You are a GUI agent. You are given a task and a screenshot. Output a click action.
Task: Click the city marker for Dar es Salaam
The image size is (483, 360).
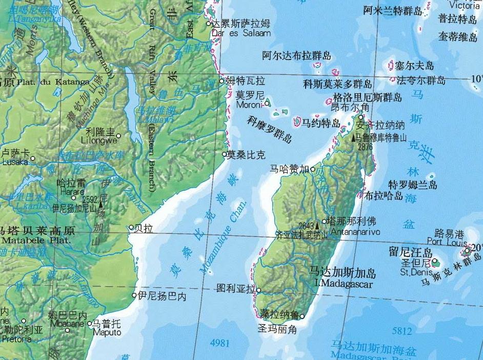[209, 24]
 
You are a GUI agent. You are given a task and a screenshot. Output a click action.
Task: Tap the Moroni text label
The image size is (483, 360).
[250, 105]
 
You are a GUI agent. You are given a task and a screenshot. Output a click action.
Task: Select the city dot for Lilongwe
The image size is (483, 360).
[118, 136]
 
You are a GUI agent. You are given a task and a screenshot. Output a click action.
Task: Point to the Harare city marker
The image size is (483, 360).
[74, 197]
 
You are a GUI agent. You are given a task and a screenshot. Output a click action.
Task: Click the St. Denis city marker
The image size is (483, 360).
[435, 261]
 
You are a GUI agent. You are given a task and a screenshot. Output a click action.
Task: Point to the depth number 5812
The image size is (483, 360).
[401, 331]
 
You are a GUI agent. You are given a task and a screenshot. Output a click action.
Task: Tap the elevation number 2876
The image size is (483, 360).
[366, 147]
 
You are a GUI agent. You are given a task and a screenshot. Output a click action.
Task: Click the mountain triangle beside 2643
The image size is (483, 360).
[317, 225]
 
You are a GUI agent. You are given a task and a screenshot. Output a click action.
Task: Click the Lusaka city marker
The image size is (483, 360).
[33, 158]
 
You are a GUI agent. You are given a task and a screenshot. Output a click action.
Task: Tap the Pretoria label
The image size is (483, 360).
[17, 338]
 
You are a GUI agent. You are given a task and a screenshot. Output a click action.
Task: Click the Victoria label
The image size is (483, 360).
[465, 5]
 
